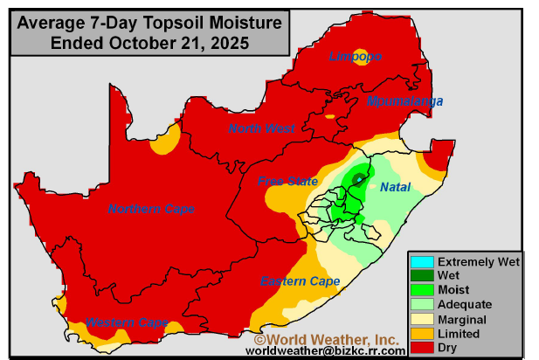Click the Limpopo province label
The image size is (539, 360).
tap(355, 57)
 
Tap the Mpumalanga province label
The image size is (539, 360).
tap(404, 101)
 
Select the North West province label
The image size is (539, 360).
tap(262, 128)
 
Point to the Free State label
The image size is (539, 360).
tap(287, 181)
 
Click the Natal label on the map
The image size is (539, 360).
tap(395, 187)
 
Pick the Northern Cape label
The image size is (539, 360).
tap(151, 208)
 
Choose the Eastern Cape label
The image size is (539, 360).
tap(300, 280)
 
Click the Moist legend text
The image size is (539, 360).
tap(453, 290)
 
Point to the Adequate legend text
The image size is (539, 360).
tap(465, 304)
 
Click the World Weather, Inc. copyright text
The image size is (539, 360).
tap(326, 338)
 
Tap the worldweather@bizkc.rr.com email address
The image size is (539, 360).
tap(325, 350)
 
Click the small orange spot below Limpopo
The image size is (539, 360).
tap(329, 115)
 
